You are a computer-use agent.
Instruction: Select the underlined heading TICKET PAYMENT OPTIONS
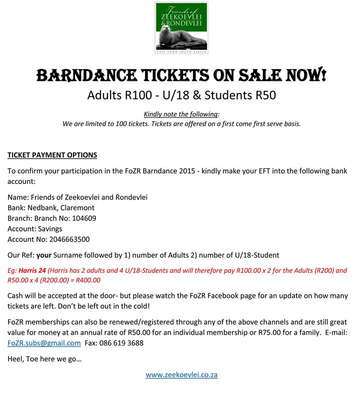[52, 155]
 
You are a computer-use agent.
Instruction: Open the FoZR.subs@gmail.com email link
[44, 343]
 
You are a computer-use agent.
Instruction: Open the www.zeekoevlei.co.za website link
[181, 374]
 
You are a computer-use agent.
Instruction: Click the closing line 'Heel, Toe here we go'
[44, 359]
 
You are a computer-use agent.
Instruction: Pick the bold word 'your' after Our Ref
[51, 255]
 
